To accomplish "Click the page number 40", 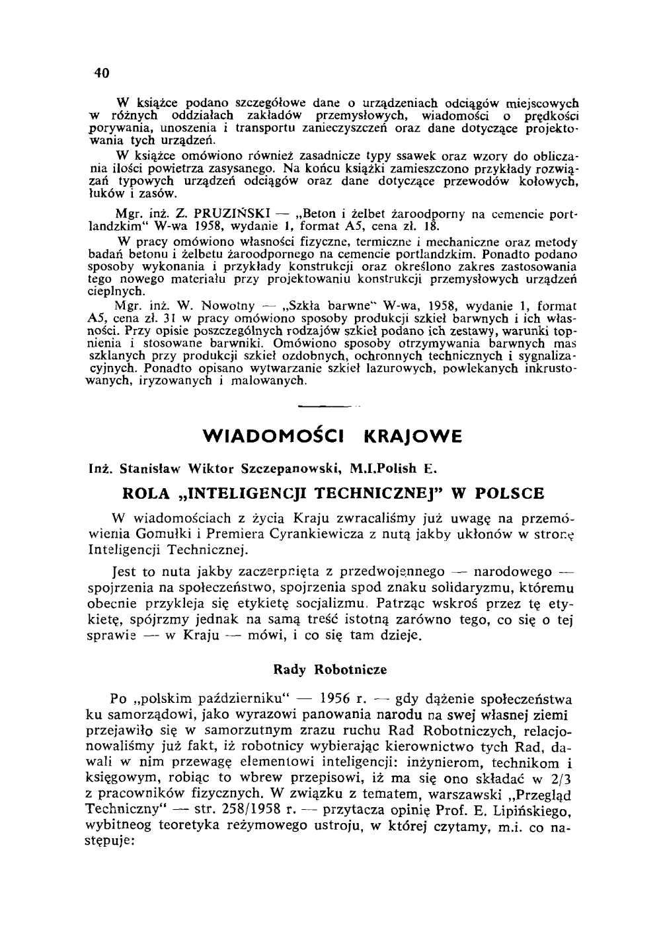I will (100, 73).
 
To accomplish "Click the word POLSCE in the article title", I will (508, 493).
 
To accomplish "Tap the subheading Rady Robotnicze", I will (330, 670).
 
